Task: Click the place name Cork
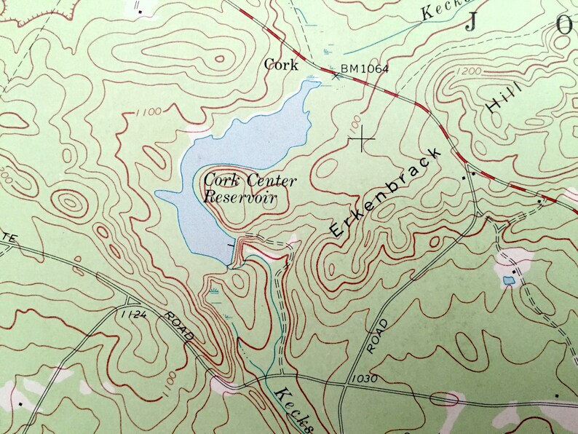tap(281, 65)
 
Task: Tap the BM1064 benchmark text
tap(365, 69)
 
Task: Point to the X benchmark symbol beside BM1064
tap(336, 74)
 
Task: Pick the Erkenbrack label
tap(386, 192)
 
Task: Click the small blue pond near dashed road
tap(508, 280)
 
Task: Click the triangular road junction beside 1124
tap(130, 301)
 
